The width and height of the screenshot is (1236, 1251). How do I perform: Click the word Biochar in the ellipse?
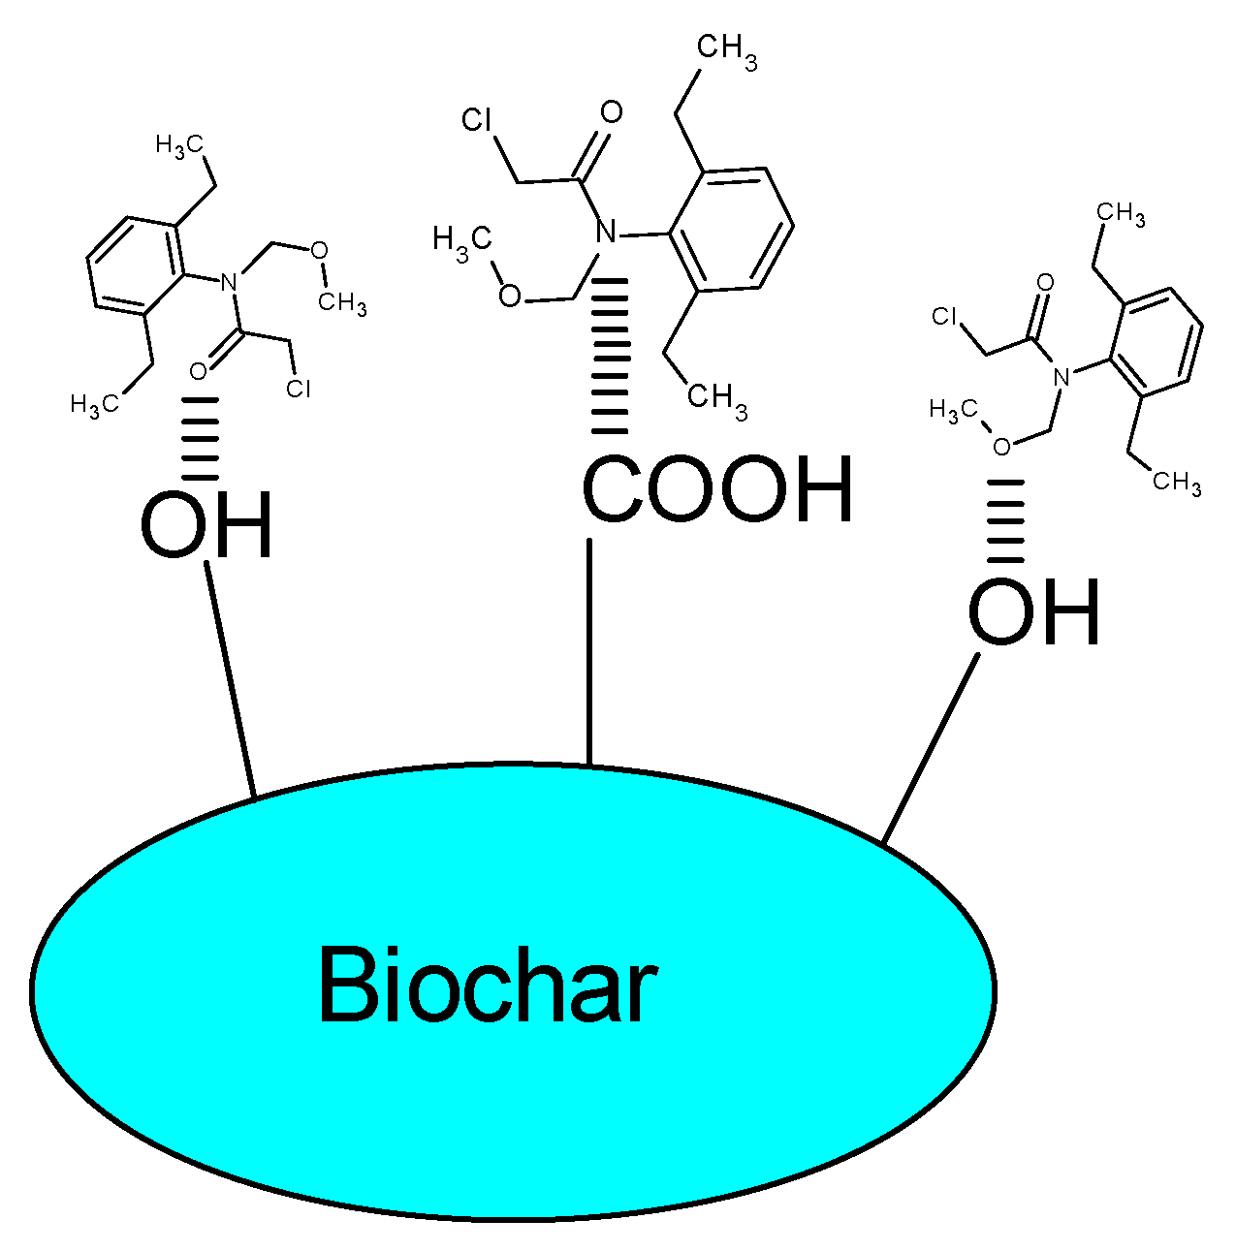[x=488, y=985]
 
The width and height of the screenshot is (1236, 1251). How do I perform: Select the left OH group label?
[x=206, y=526]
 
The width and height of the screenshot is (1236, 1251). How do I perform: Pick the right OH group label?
[x=1034, y=612]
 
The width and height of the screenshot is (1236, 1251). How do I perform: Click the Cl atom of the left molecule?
[x=299, y=389]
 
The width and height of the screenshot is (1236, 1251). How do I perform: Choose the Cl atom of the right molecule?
[x=945, y=317]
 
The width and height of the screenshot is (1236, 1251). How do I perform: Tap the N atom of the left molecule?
[x=229, y=283]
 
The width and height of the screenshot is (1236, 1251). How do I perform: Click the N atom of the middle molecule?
[x=605, y=233]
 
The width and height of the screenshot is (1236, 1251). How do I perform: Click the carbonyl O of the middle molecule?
[x=611, y=112]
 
